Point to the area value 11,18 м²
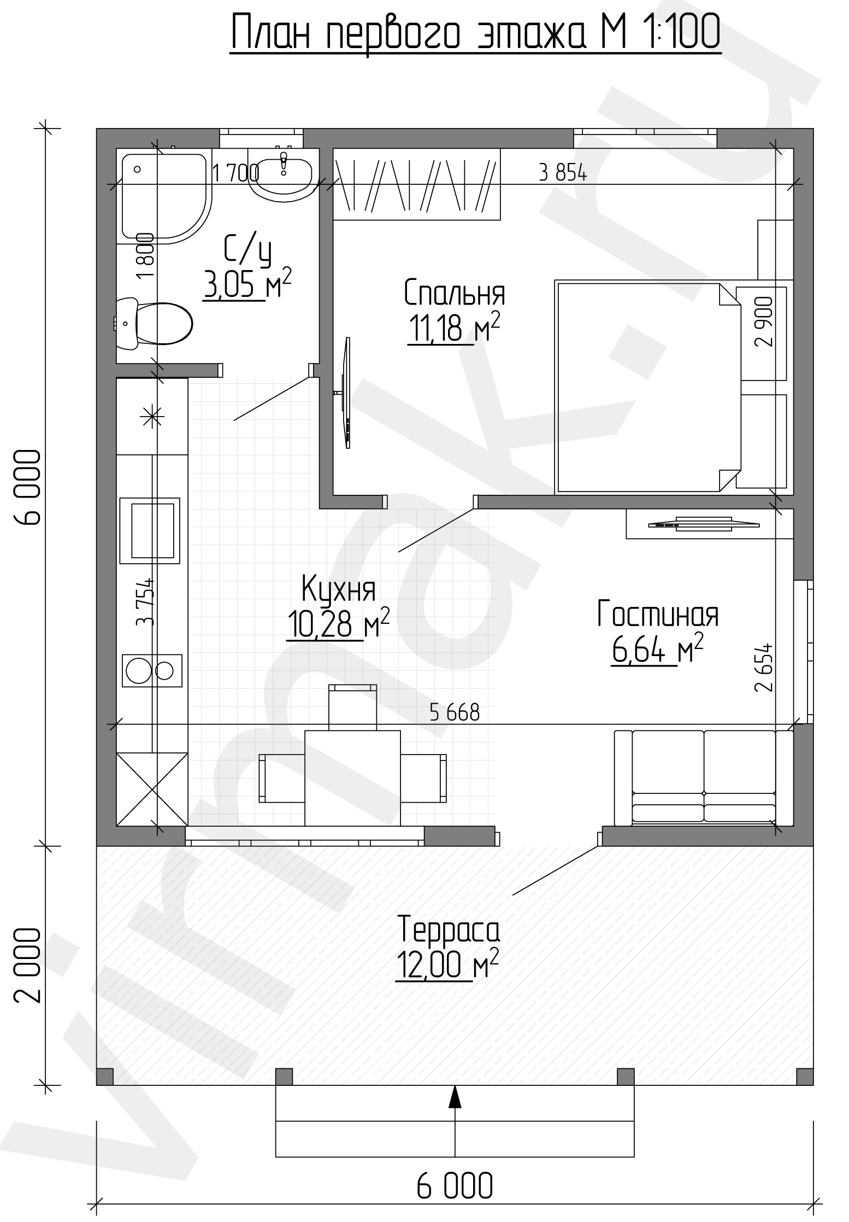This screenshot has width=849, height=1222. (453, 329)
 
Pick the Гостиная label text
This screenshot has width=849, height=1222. (657, 613)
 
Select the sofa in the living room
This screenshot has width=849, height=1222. (704, 778)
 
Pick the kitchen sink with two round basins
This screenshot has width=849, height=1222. (152, 670)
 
